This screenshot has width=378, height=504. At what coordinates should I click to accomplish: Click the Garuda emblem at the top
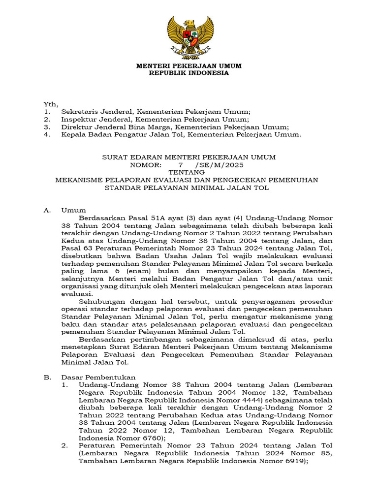point(189,37)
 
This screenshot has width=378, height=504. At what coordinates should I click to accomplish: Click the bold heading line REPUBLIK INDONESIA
point(189,73)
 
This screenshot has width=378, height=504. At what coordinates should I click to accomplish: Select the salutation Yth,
point(51,104)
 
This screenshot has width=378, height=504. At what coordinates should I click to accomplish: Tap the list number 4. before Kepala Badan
point(47,134)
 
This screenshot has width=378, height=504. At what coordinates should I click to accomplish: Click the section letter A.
point(47,210)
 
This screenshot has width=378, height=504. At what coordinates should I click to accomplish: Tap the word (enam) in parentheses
point(150,271)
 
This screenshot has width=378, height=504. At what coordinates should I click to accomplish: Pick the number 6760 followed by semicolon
point(150,438)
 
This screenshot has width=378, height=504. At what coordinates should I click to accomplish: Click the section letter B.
point(47,377)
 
